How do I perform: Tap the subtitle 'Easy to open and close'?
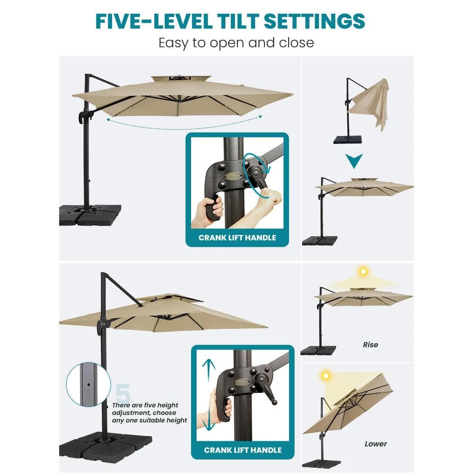click(x=236, y=43)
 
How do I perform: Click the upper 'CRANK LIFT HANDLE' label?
click(x=237, y=237)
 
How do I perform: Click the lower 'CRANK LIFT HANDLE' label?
click(x=243, y=450)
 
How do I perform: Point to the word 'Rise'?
click(x=370, y=345)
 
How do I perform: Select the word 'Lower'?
click(x=376, y=444)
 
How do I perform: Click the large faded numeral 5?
click(x=123, y=393)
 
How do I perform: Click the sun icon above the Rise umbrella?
click(x=363, y=272)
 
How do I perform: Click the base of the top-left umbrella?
click(x=90, y=214)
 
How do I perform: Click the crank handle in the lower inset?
click(x=268, y=390)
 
